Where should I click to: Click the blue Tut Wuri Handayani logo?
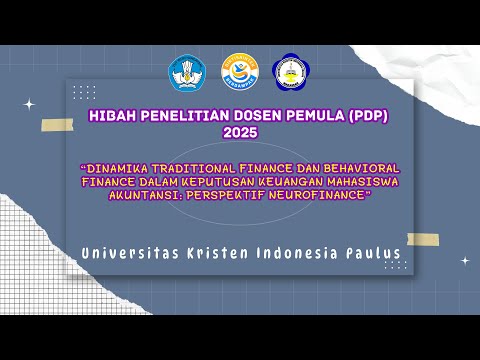pyautogui.click(x=187, y=72)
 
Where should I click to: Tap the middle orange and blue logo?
pyautogui.click(x=240, y=72)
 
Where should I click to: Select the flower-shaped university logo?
pyautogui.click(x=291, y=72)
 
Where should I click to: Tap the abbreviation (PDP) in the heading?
pyautogui.click(x=367, y=116)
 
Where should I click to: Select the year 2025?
pyautogui.click(x=240, y=132)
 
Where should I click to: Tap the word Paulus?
pyautogui.click(x=372, y=253)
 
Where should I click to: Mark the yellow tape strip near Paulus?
pyautogui.click(x=422, y=239)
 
